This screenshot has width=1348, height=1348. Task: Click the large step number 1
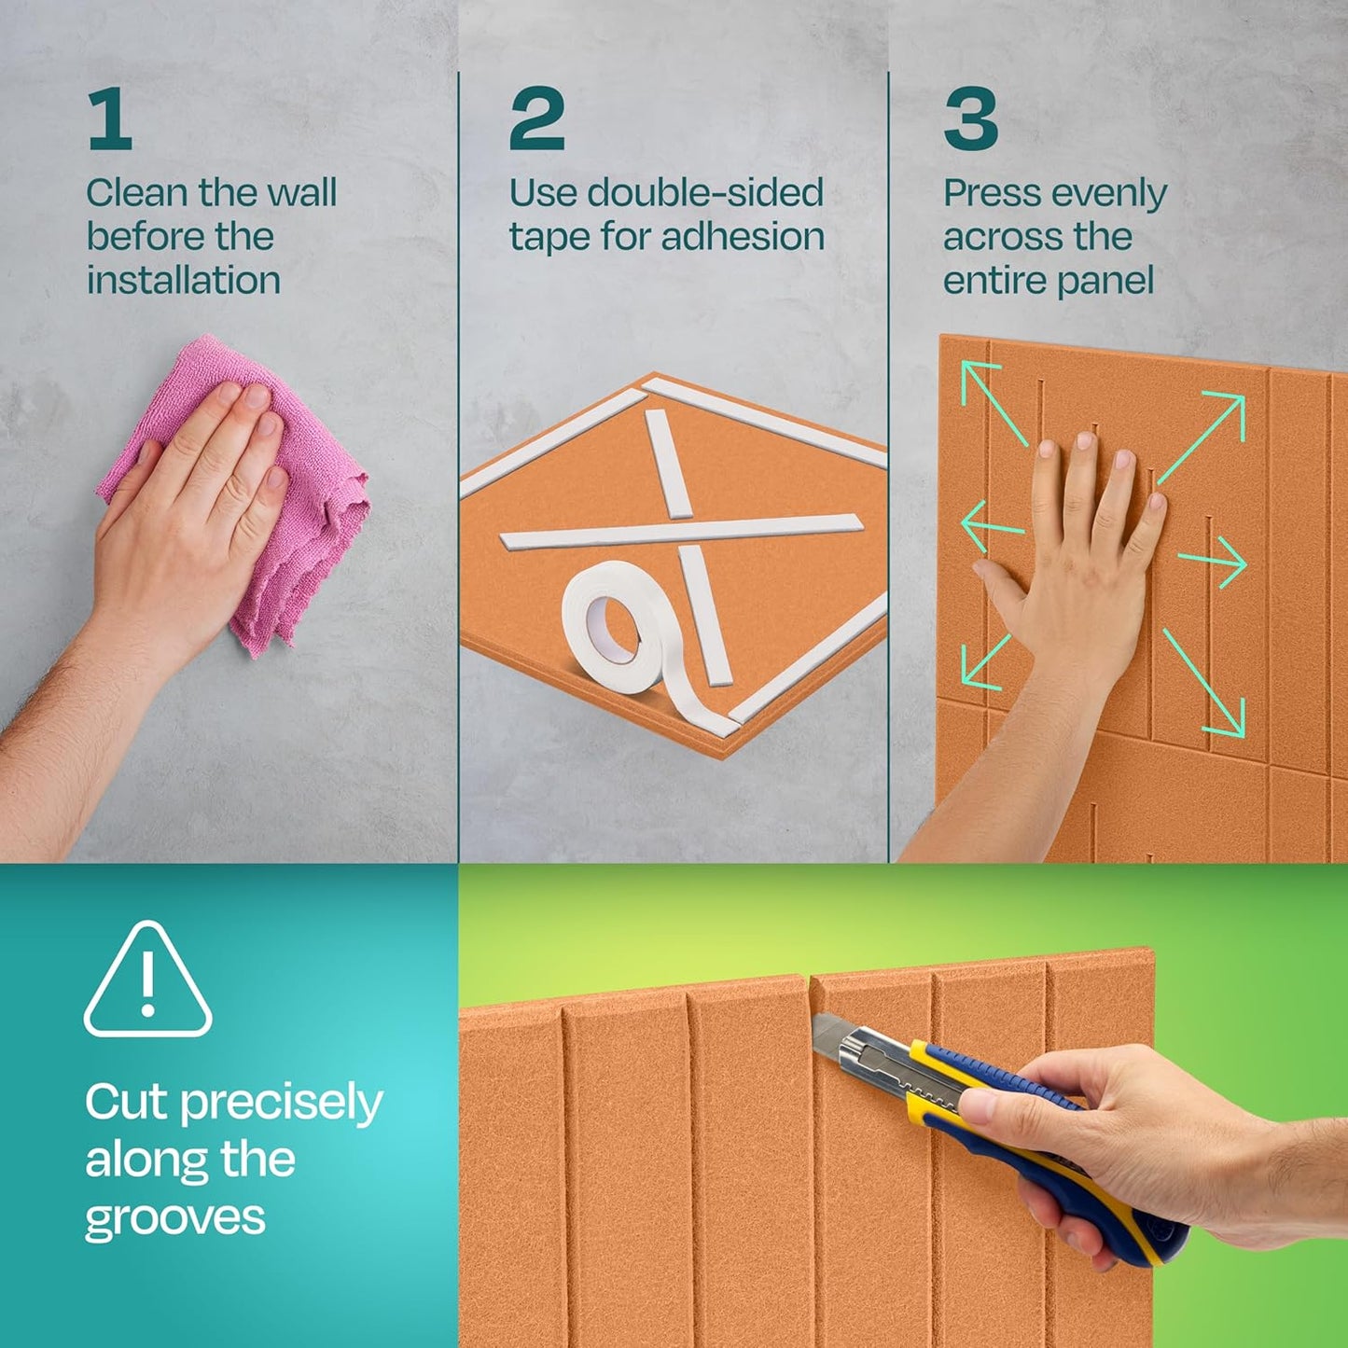(x=110, y=119)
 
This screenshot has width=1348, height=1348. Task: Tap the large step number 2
(x=536, y=119)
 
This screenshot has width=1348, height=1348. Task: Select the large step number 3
(x=970, y=119)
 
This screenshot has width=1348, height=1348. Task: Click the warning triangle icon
(x=147, y=981)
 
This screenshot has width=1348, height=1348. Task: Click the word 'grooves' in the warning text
(x=175, y=1219)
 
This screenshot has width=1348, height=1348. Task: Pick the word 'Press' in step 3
(x=991, y=193)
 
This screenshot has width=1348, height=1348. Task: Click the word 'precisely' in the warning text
(x=281, y=1104)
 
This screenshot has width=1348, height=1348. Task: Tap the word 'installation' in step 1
(x=184, y=281)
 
